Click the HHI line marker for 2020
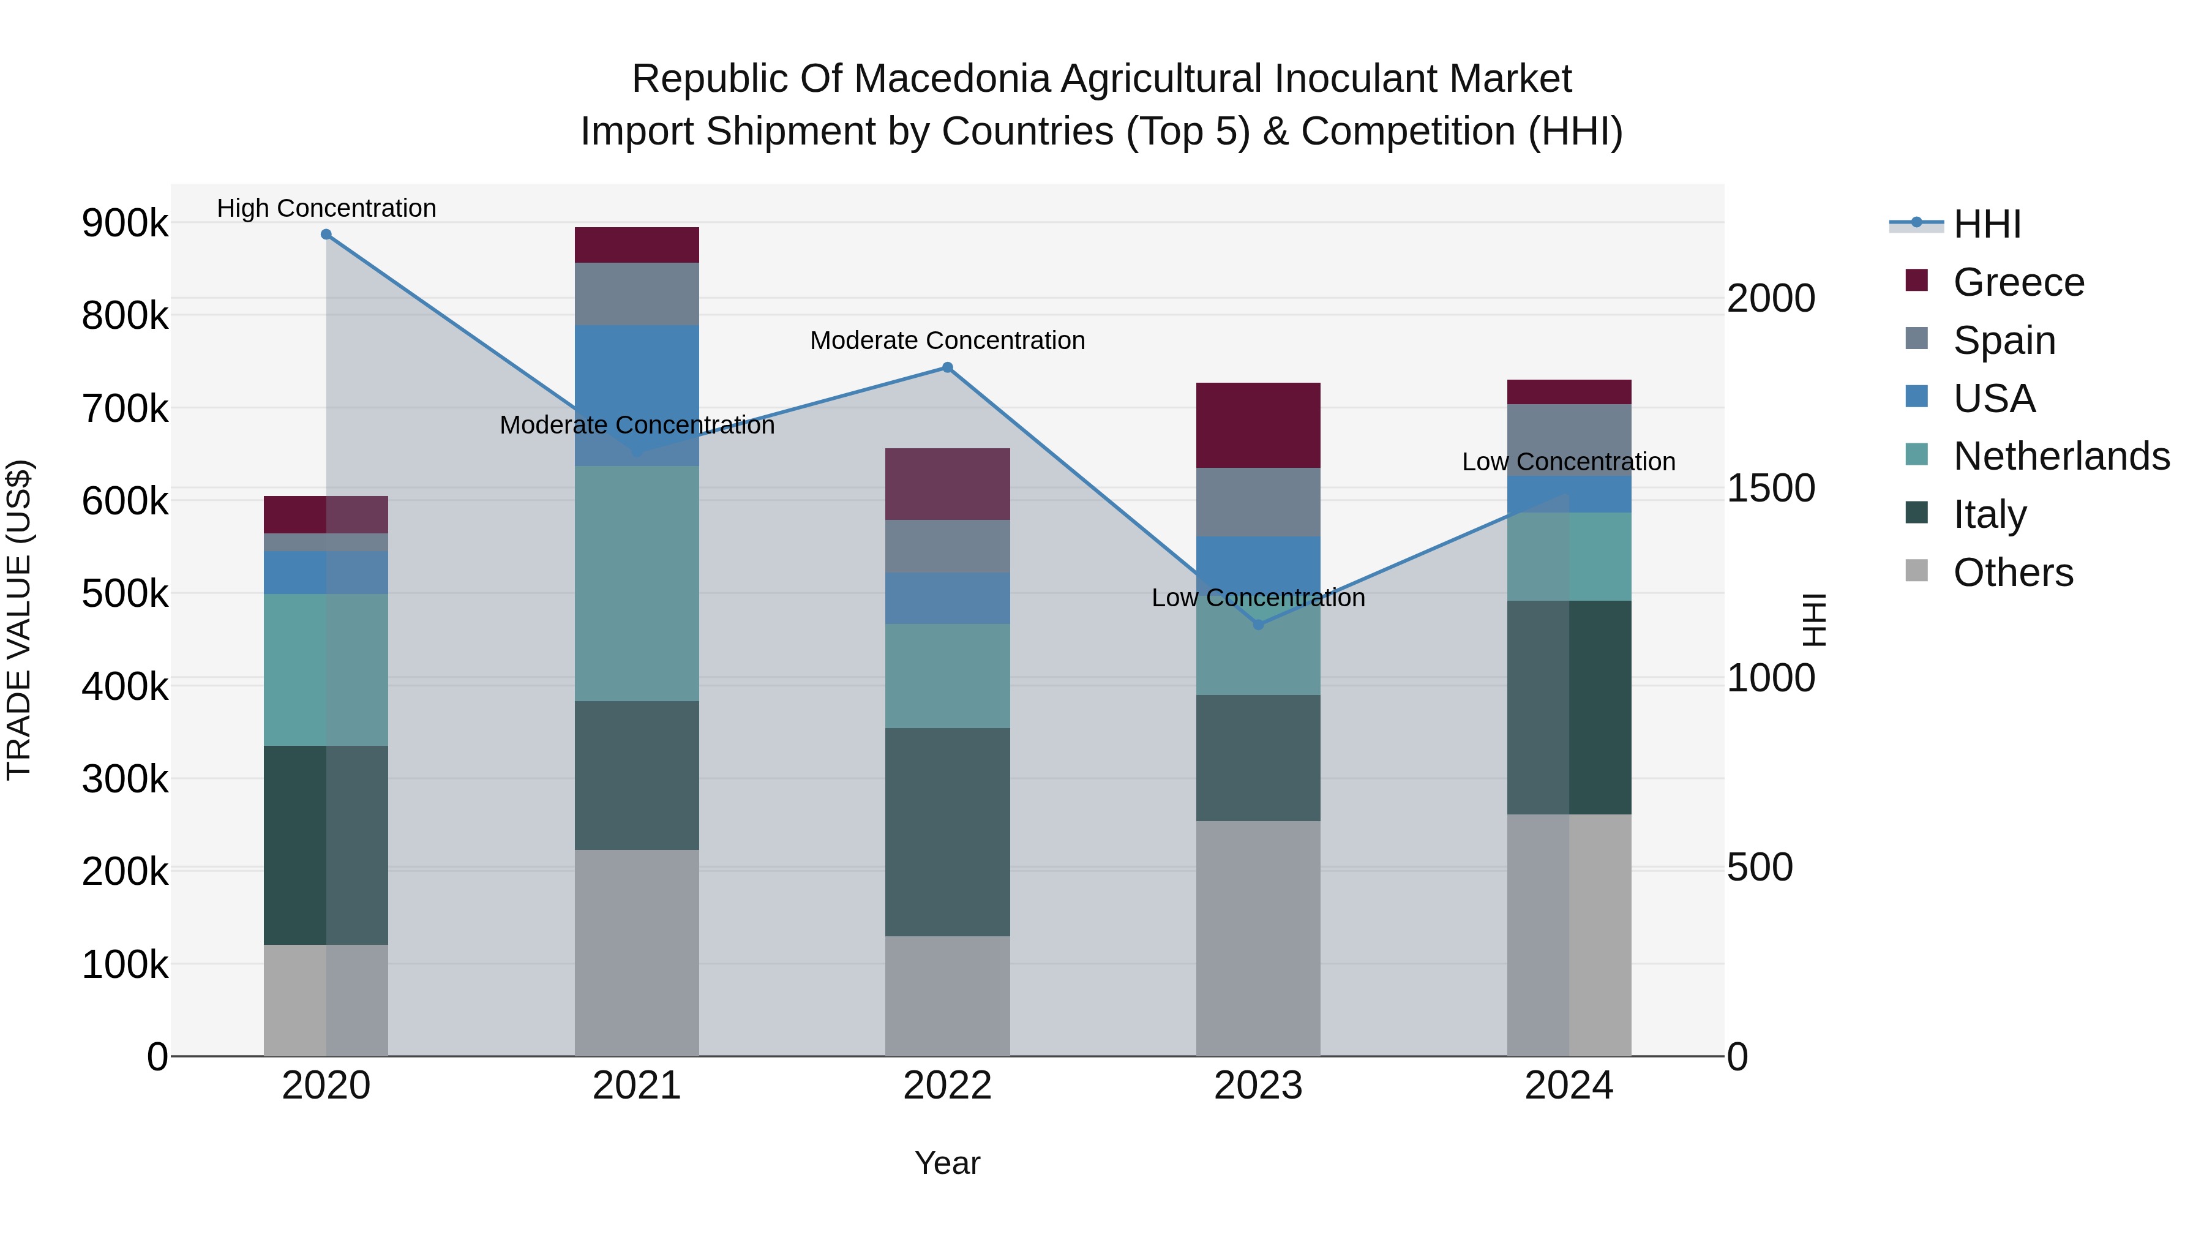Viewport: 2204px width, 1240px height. click(x=326, y=235)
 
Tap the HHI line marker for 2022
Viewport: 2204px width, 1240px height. click(x=947, y=368)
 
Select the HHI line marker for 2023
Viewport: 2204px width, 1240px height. click(x=1258, y=625)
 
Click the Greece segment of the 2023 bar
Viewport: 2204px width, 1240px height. click(x=1258, y=426)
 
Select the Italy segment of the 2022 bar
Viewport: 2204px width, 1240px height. click(x=947, y=832)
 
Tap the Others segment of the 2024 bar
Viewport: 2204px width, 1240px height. click(x=1569, y=934)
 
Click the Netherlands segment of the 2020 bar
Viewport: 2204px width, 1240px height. click(x=326, y=669)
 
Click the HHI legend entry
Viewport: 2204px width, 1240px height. click(x=1987, y=224)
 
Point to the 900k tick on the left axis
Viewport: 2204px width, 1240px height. click(x=125, y=224)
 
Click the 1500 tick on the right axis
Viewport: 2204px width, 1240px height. click(x=1770, y=489)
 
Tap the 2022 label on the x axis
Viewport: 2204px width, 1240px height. click(x=947, y=1086)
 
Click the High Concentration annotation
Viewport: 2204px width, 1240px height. click(x=326, y=209)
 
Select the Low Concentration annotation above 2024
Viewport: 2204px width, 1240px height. click(x=1569, y=462)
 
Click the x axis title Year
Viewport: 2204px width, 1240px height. click(x=947, y=1163)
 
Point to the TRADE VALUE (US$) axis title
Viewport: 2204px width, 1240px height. click(x=20, y=620)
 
